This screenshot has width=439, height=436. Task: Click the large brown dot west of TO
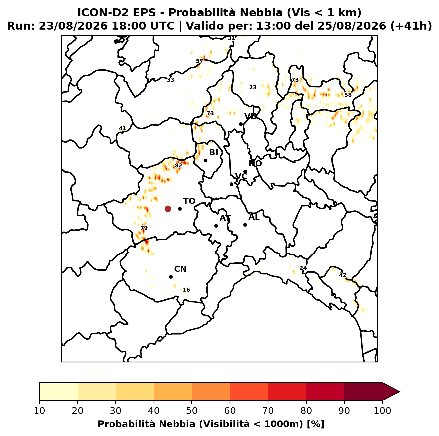click(x=168, y=208)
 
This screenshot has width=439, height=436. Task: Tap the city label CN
click(x=180, y=269)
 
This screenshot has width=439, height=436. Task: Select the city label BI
click(x=213, y=153)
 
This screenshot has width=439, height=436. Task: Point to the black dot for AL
click(x=245, y=225)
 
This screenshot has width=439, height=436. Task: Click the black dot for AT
click(x=216, y=226)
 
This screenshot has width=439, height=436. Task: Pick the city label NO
click(x=255, y=163)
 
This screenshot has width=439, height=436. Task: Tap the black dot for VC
click(x=231, y=184)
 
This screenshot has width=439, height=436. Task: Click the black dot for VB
click(x=241, y=124)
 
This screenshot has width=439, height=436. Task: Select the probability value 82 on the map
click(x=179, y=166)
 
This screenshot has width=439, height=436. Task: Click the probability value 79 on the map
click(x=144, y=228)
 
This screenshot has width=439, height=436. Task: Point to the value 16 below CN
click(x=186, y=290)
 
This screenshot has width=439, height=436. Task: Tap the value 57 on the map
click(x=200, y=61)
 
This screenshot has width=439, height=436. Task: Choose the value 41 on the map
click(x=123, y=128)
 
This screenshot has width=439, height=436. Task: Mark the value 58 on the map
click(x=348, y=95)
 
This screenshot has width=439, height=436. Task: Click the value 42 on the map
click(x=343, y=275)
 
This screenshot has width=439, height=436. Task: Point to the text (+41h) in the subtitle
click(x=411, y=26)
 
